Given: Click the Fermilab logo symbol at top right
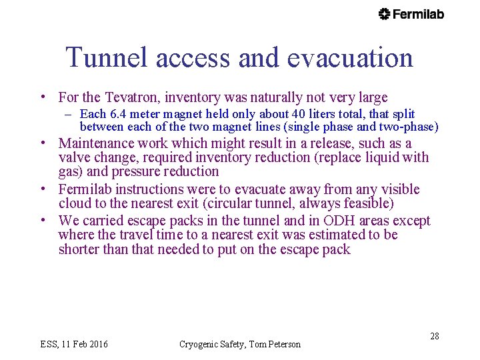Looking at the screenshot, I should [x=384, y=14].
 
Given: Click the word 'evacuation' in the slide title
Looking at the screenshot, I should [x=350, y=58].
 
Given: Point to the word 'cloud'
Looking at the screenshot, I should [x=76, y=203].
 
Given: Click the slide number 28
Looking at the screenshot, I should [x=434, y=336].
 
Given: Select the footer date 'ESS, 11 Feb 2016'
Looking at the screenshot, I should [x=74, y=344].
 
